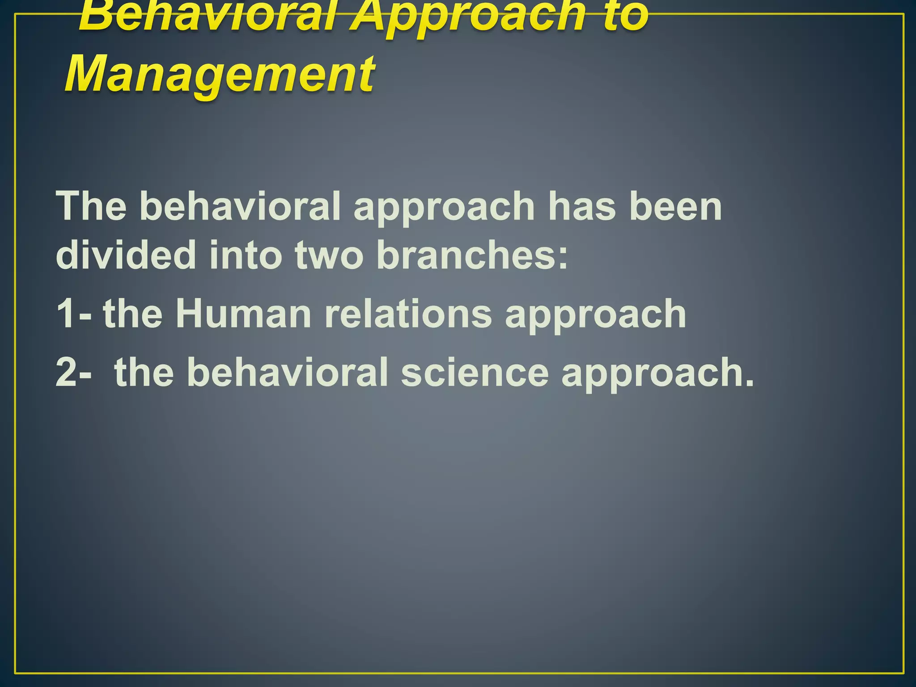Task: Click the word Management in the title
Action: point(219,74)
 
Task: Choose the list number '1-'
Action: point(74,314)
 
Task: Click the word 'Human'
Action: point(243,314)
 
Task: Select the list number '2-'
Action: point(74,372)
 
